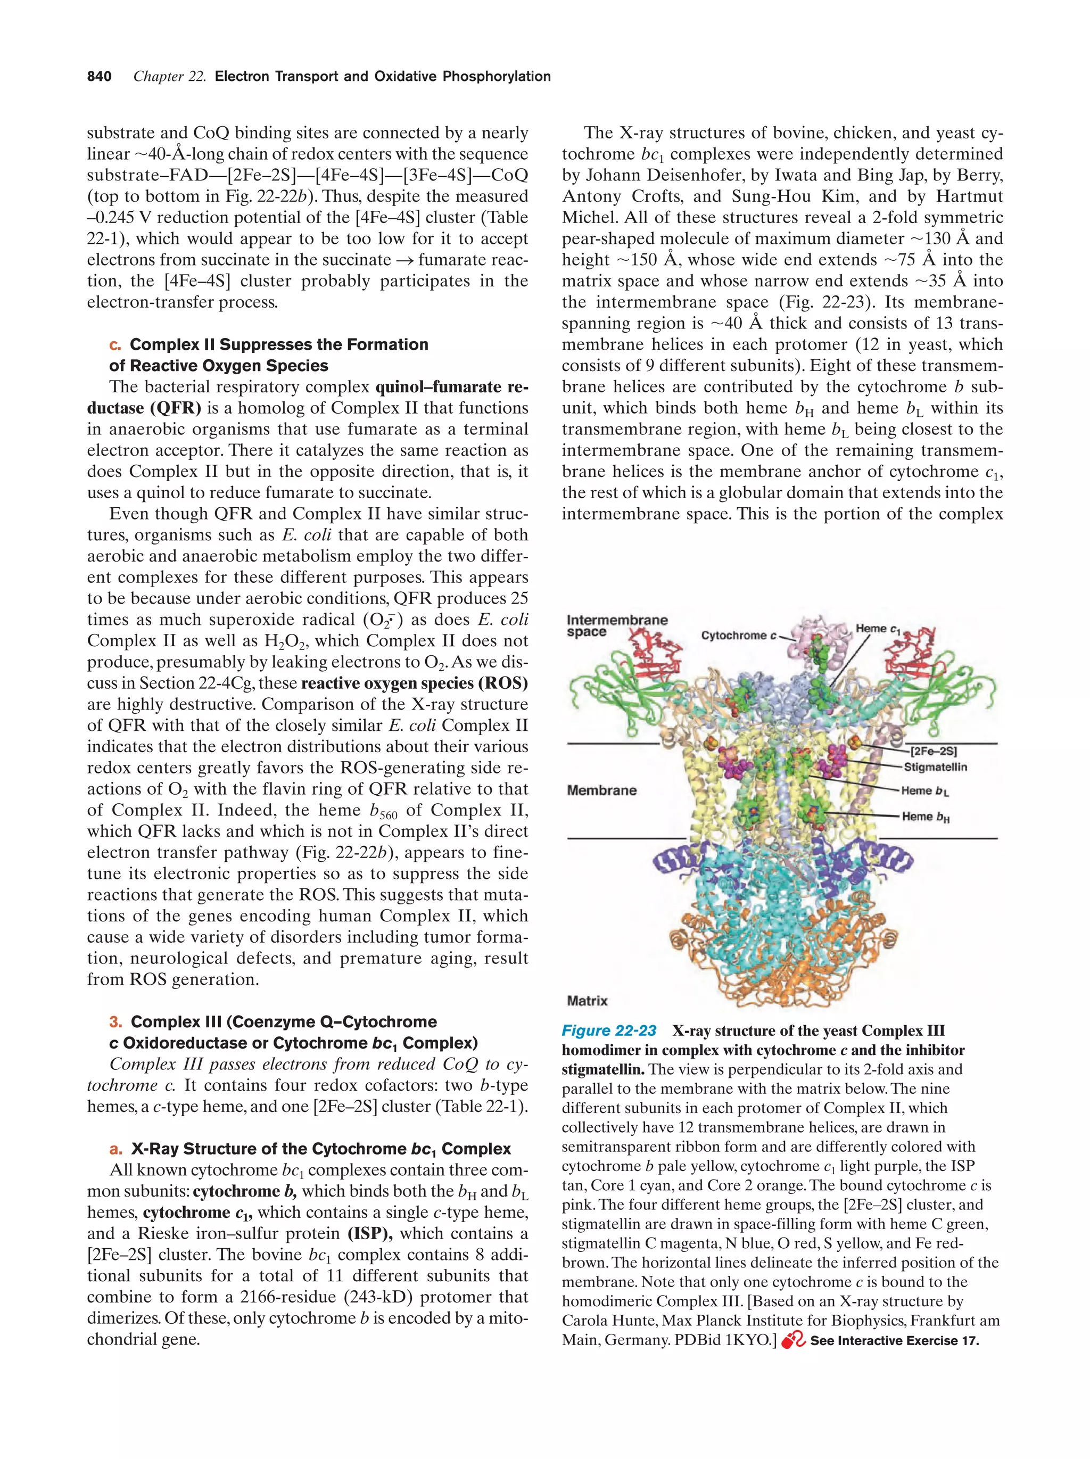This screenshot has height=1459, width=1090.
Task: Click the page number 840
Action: point(99,77)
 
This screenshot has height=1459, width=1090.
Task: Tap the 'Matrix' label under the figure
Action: point(587,1001)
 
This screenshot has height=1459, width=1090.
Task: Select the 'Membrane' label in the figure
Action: point(601,790)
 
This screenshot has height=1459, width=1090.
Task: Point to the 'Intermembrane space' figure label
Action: point(616,626)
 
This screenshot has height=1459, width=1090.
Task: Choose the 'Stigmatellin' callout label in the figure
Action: point(935,767)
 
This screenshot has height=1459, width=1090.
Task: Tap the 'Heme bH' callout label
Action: point(925,817)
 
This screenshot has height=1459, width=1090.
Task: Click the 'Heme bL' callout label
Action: point(924,791)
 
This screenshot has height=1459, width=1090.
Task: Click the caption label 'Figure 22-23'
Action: point(609,1031)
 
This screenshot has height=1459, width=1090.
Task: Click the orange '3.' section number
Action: point(116,1021)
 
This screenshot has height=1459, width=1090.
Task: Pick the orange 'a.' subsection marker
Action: point(116,1149)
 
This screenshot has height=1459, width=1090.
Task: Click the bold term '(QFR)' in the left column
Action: point(176,408)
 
